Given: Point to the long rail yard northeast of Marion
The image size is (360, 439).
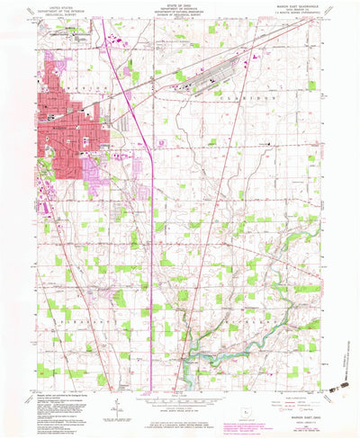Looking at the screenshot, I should click(211, 78).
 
